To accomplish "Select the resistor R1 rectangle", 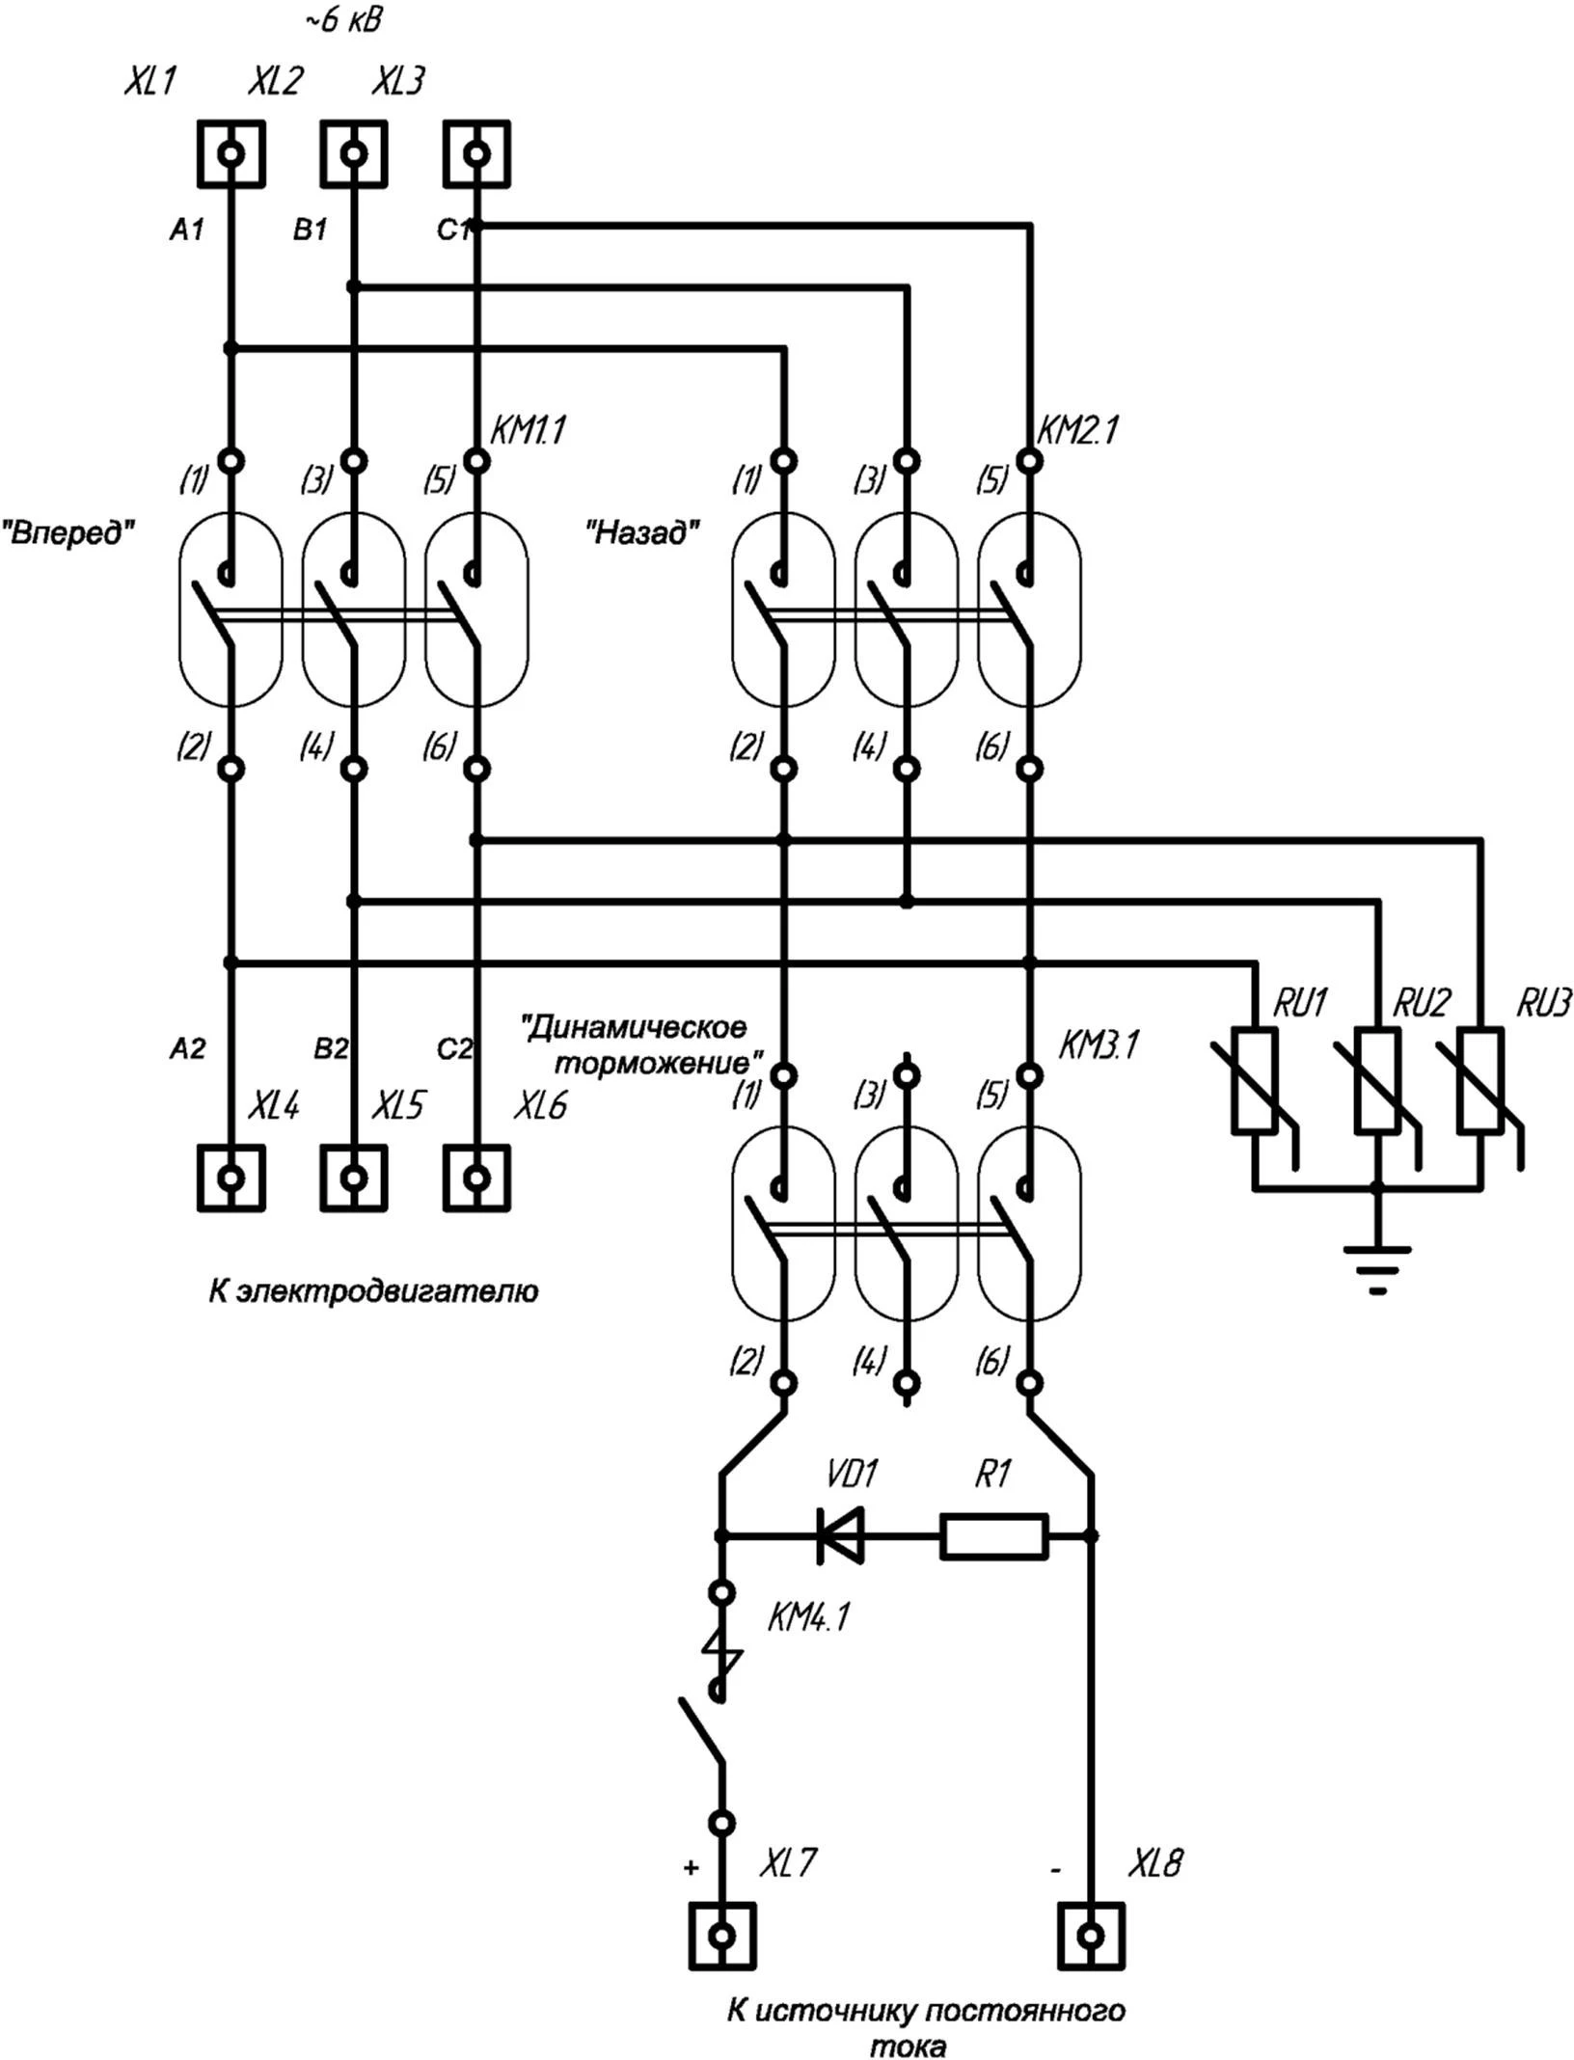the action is (993, 1535).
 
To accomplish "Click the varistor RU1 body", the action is (1255, 1080).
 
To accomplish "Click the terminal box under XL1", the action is (231, 153).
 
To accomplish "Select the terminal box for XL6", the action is (476, 1177).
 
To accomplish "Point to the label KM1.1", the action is (528, 430).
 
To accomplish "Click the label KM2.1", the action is (1077, 430).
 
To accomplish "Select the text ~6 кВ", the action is (343, 21).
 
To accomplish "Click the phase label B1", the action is (311, 230).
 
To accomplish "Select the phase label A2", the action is (187, 1048).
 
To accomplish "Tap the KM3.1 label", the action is (1099, 1044).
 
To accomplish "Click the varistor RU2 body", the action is (1377, 1080).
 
